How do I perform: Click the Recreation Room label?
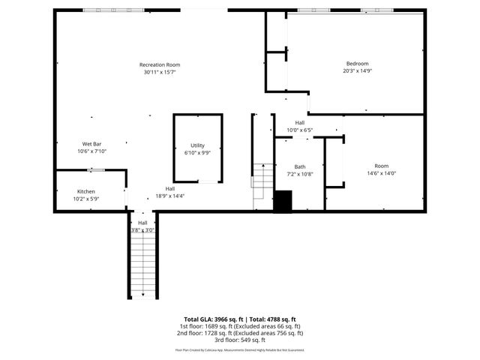(x=160, y=64)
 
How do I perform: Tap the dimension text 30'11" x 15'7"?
(x=160, y=73)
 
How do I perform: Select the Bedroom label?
(x=356, y=63)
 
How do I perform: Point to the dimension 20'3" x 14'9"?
(x=356, y=71)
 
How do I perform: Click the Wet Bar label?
(x=92, y=143)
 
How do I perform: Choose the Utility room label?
(x=197, y=145)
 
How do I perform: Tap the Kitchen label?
(x=85, y=191)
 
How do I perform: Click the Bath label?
(x=300, y=166)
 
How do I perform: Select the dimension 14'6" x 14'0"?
(x=381, y=173)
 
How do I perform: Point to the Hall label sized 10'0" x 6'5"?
(x=300, y=122)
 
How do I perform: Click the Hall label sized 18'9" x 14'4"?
(x=170, y=188)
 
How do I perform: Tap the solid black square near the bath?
(x=282, y=202)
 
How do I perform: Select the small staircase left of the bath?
(x=262, y=185)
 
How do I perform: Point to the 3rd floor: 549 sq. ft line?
(x=240, y=340)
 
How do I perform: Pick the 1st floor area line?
(x=240, y=326)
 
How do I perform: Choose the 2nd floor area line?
(x=240, y=333)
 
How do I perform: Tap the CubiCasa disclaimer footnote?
(x=240, y=349)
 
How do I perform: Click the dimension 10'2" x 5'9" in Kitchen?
(x=85, y=199)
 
